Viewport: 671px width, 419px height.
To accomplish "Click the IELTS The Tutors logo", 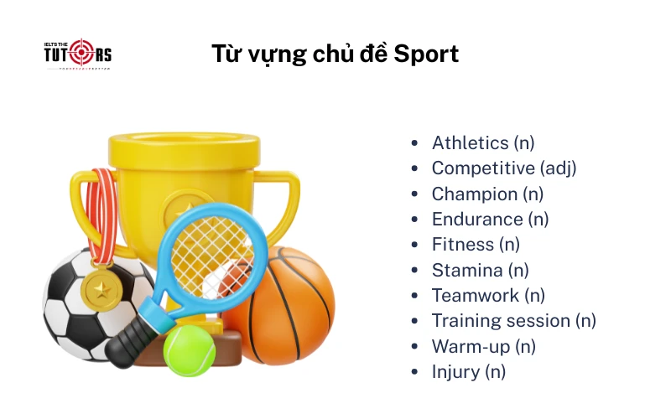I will click(x=77, y=54).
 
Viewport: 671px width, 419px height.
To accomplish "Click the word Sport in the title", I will click(x=426, y=54).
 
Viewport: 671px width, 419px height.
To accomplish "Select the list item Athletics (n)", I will click(x=482, y=143).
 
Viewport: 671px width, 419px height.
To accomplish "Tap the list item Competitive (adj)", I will click(x=504, y=168).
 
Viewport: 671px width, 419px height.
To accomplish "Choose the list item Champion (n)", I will click(x=487, y=194).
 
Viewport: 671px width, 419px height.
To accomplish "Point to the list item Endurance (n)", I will click(x=490, y=220).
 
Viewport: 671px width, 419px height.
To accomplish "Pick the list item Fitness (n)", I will click(x=476, y=245).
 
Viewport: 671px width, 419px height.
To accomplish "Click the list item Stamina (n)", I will click(x=480, y=270).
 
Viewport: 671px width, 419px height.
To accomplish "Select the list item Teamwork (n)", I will click(x=488, y=295).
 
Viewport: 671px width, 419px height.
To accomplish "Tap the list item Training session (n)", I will click(x=513, y=320).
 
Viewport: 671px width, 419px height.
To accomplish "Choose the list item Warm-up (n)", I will click(x=483, y=346).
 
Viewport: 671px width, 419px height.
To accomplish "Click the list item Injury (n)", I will click(x=468, y=371).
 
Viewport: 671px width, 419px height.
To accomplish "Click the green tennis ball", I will click(x=189, y=350).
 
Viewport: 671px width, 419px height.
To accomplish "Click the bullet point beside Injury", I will click(x=414, y=371).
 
